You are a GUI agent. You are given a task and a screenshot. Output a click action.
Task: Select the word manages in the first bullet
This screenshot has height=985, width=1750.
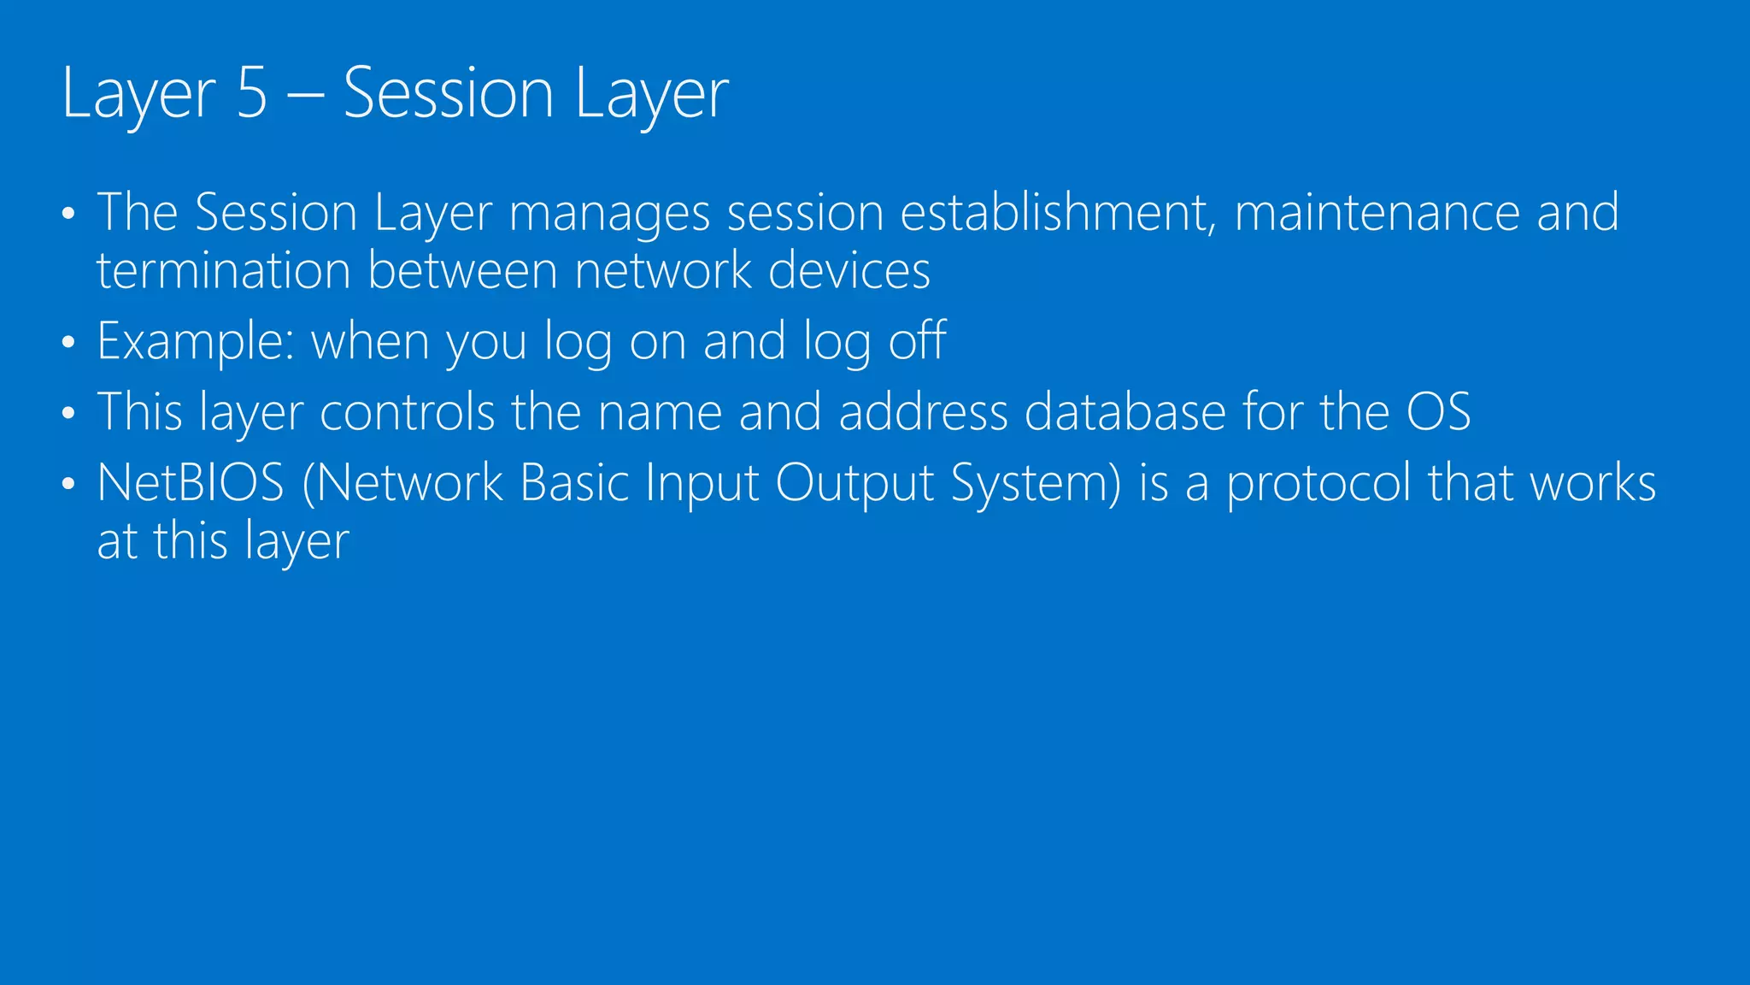(609, 213)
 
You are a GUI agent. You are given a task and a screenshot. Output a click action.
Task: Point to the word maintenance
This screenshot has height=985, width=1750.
(1377, 213)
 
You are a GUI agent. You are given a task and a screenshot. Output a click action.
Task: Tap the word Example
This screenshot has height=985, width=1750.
(196, 342)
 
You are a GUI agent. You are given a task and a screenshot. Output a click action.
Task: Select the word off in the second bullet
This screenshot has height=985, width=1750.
(917, 340)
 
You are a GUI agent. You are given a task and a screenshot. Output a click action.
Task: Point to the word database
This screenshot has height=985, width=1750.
(1125, 412)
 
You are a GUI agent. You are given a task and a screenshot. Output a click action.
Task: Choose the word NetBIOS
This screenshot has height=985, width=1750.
(191, 483)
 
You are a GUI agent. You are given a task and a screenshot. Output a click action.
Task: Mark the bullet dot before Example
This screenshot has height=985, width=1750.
(69, 344)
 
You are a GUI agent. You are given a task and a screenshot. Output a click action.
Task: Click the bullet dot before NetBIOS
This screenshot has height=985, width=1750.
(69, 485)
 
